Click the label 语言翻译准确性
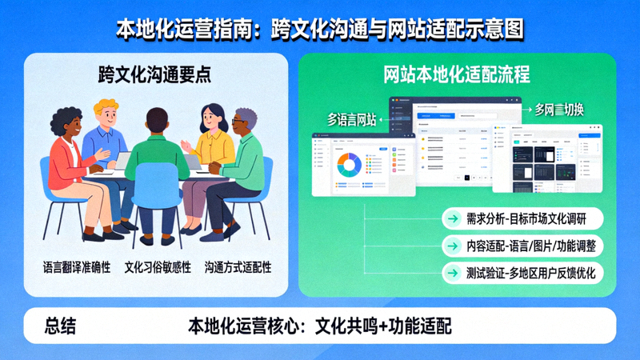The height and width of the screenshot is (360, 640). coord(77,266)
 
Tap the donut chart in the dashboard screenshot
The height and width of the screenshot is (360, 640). coord(348,166)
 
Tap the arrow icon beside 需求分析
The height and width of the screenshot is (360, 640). coord(454,218)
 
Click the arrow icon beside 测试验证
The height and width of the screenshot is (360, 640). coord(454,273)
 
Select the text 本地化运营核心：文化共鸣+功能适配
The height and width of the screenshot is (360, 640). coord(320,326)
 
